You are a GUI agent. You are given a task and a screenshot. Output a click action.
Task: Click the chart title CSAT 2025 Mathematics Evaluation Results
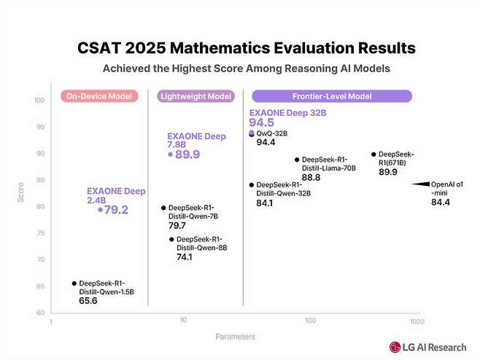pyautogui.click(x=247, y=48)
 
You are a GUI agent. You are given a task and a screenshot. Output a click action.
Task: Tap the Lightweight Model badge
pyautogui.click(x=196, y=96)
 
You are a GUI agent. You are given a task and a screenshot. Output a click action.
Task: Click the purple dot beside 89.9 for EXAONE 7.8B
pyautogui.click(x=170, y=154)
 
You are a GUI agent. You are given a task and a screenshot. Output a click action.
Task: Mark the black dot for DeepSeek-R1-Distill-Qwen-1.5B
pyautogui.click(x=74, y=283)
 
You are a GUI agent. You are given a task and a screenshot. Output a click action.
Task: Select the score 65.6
pyautogui.click(x=88, y=300)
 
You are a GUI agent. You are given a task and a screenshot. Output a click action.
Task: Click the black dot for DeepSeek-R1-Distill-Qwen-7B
pyautogui.click(x=163, y=208)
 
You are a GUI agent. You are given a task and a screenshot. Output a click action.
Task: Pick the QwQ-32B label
pyautogui.click(x=272, y=133)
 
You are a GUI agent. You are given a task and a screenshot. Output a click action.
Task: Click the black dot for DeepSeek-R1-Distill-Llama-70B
pyautogui.click(x=296, y=160)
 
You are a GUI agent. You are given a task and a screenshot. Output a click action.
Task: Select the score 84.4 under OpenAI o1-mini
pyautogui.click(x=441, y=202)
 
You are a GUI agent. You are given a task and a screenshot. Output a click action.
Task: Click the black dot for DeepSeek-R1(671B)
pyautogui.click(x=373, y=154)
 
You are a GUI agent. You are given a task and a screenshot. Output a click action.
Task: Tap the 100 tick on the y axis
pyautogui.click(x=39, y=101)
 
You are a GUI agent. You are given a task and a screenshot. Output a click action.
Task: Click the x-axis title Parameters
pyautogui.click(x=235, y=337)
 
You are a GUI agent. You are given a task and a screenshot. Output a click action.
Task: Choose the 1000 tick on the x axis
pyautogui.click(x=416, y=321)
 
